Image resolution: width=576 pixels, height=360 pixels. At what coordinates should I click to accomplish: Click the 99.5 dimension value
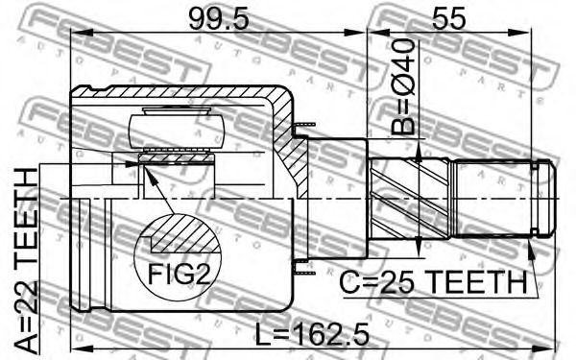point(219,19)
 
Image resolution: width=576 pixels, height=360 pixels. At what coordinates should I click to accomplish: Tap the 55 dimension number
point(448,19)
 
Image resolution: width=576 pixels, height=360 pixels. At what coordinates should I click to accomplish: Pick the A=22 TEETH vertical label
point(26,260)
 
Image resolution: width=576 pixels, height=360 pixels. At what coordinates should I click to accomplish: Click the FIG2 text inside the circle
point(179,275)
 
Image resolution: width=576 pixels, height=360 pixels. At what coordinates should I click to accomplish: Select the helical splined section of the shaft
point(410,199)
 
